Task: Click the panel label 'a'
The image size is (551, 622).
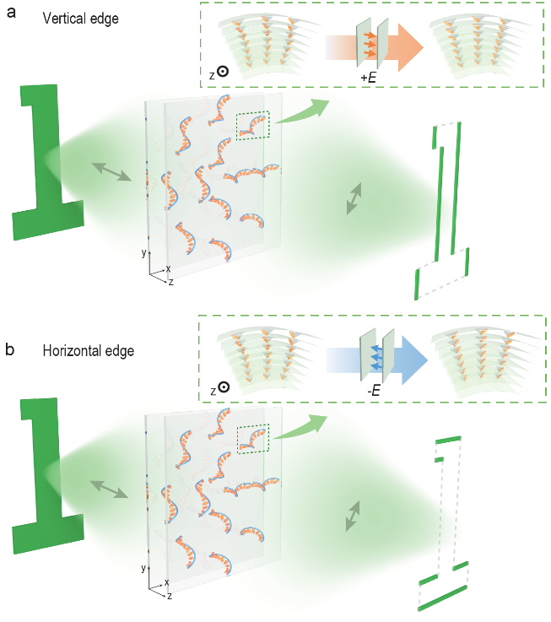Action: click(x=13, y=14)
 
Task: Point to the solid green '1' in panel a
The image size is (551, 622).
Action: click(x=46, y=160)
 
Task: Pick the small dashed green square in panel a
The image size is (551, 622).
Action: click(x=252, y=125)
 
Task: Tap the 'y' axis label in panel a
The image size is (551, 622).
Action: click(x=145, y=252)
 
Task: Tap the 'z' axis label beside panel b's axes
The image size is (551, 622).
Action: click(x=170, y=597)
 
